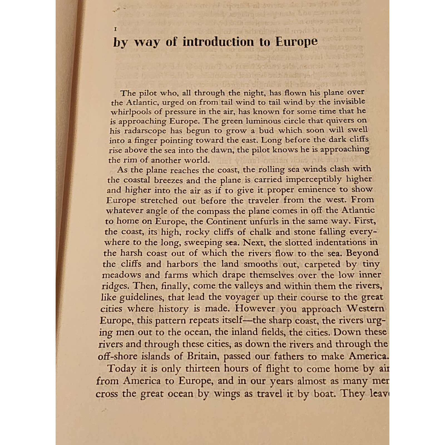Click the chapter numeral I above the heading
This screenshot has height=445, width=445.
click(x=115, y=29)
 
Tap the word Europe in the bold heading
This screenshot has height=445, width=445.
click(x=296, y=42)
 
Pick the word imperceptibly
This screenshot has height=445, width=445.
click(x=313, y=179)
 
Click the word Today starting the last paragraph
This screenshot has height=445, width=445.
click(x=122, y=369)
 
